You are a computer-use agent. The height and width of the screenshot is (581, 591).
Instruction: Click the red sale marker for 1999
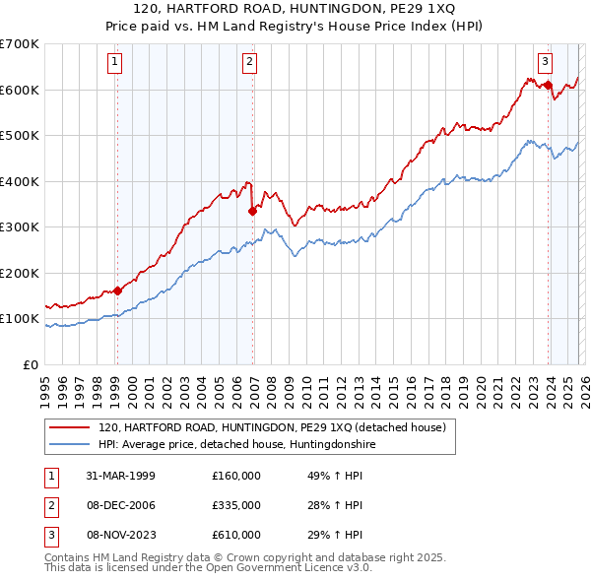(117, 290)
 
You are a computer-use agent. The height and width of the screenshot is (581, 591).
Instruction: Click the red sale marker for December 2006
(252, 210)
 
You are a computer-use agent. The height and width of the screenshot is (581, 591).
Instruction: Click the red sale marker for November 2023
(548, 85)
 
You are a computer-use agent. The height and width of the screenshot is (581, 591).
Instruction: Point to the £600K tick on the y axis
(20, 90)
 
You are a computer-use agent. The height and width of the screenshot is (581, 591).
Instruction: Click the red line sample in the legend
(71, 427)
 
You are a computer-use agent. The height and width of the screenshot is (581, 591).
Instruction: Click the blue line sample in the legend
(71, 445)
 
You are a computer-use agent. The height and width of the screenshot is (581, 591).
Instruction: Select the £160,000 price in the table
(236, 475)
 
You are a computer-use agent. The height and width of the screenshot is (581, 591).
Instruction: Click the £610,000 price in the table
(236, 535)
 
